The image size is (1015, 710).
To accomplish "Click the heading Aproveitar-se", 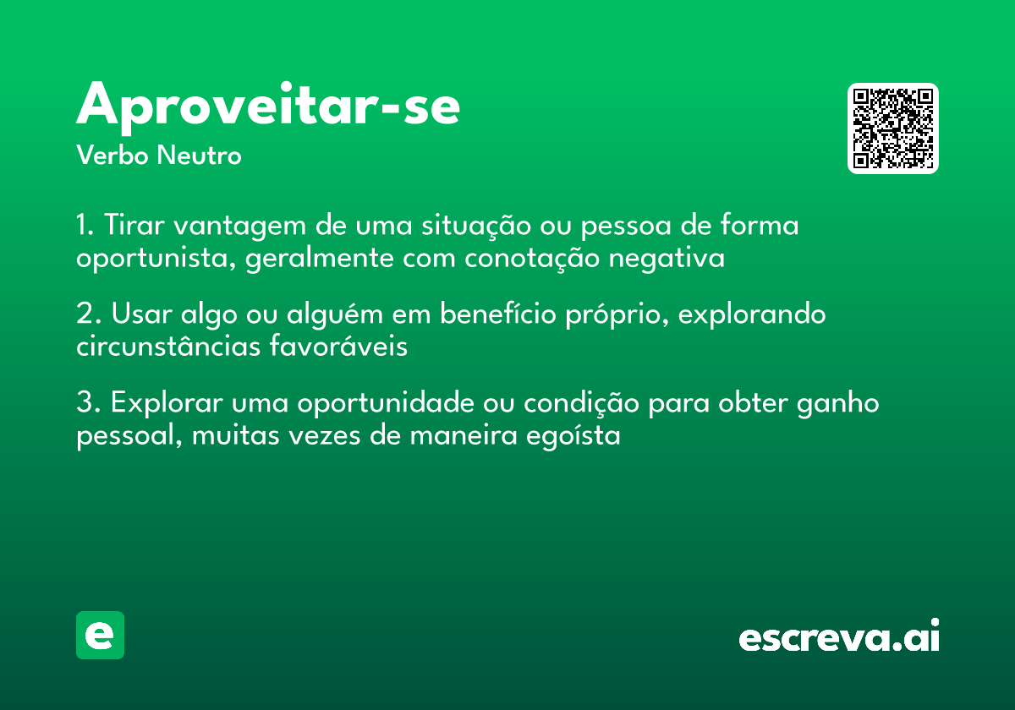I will (x=268, y=106).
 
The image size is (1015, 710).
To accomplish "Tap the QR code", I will (x=893, y=128).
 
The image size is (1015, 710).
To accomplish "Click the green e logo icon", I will (x=100, y=635).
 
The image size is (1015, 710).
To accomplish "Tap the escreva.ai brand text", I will (x=839, y=636).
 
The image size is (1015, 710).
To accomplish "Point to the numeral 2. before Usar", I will (x=87, y=315).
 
